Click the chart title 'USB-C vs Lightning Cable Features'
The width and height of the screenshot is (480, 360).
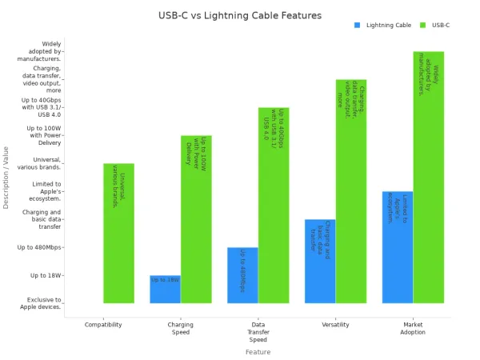pos(240,15)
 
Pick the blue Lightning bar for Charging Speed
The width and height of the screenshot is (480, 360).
pos(165,290)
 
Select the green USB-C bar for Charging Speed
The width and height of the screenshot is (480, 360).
pos(196,219)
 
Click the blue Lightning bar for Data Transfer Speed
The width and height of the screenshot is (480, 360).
pos(242,275)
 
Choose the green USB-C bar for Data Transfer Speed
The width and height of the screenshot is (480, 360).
pos(274,206)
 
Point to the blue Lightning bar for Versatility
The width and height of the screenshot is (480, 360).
pos(320,262)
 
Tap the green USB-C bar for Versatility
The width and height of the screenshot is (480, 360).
pos(351,191)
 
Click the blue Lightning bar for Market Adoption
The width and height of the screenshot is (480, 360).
pos(398,247)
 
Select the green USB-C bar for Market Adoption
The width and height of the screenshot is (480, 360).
pos(429,178)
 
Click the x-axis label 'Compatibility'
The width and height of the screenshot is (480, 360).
pos(103,325)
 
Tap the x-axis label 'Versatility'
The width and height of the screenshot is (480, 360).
pos(335,325)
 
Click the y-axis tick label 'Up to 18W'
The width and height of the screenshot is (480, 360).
pos(46,275)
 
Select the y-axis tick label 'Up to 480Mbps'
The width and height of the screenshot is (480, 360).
pos(41,247)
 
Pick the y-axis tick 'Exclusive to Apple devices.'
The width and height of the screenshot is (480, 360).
pos(41,303)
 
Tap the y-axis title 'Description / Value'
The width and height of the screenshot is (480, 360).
pos(6,178)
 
